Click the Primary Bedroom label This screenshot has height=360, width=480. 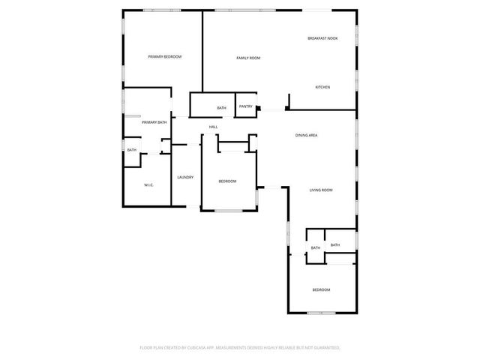(165, 57)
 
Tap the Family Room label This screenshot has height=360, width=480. (248, 58)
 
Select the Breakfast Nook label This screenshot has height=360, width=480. (322, 38)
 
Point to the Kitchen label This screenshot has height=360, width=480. (322, 87)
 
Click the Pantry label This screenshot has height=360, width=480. (245, 106)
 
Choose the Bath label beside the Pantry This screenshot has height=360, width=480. (221, 108)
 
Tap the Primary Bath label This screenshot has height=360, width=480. (154, 122)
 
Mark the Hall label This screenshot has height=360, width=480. (213, 127)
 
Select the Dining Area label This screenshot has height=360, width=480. (307, 135)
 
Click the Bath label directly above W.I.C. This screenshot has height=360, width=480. (132, 150)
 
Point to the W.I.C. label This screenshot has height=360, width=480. (148, 184)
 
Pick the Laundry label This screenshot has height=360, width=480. (185, 177)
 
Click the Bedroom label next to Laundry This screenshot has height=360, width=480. (227, 181)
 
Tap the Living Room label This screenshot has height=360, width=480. (321, 190)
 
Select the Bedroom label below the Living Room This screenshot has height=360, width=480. (321, 289)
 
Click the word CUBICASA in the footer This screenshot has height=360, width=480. (194, 348)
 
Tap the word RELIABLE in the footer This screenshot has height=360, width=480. (289, 348)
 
